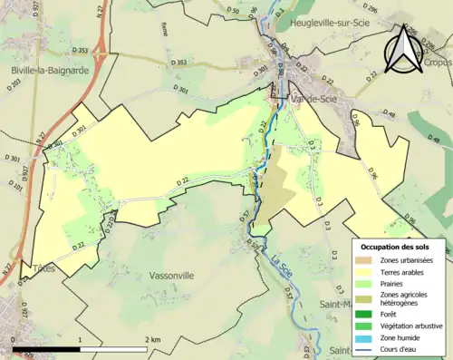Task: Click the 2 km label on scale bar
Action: pyautogui.click(x=154, y=340)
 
